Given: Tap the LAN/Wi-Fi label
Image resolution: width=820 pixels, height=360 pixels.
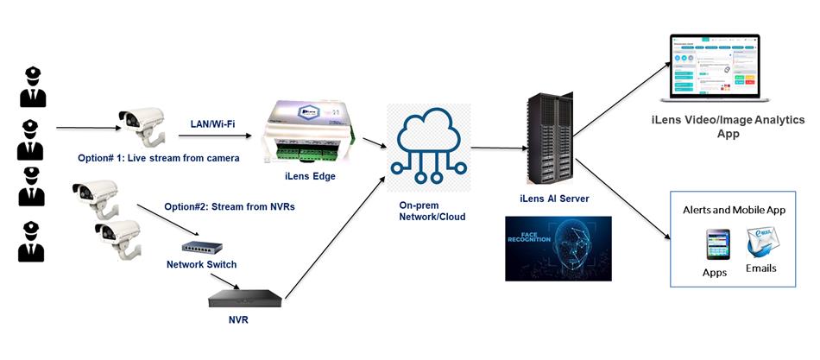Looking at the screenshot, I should coord(212,124).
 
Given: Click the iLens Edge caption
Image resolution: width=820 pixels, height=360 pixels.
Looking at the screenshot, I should coord(309,177).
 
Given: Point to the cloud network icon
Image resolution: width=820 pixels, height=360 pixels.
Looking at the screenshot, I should coord(428,143).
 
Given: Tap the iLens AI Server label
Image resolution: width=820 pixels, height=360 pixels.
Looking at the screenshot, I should coord(554,199).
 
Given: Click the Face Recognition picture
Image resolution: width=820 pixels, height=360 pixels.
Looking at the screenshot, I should coord(558,248).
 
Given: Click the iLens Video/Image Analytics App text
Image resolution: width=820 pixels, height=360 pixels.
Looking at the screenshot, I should coord(728,127).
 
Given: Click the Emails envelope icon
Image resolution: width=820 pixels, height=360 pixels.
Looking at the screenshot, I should coord(761,244).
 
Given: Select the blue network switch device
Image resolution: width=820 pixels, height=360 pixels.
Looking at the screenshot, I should coord(201,249).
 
